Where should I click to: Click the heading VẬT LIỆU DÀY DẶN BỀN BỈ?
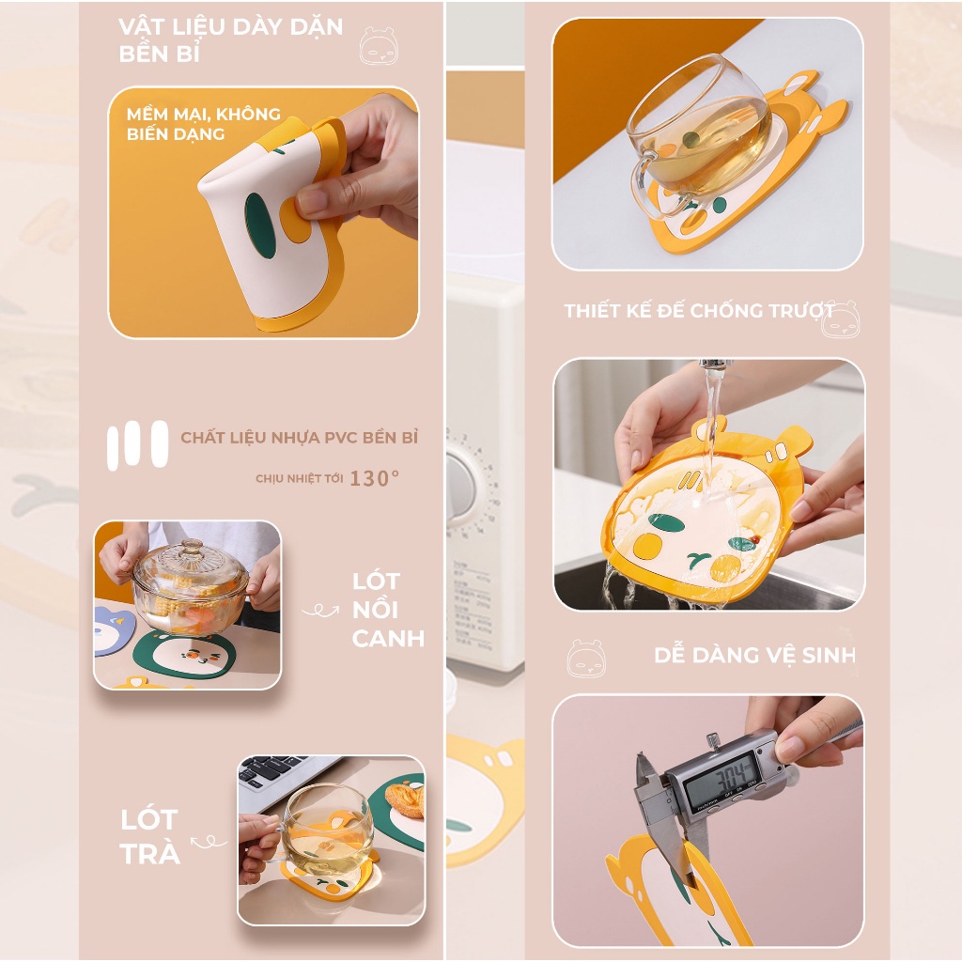[230, 39]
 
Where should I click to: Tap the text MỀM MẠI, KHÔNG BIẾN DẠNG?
[203, 124]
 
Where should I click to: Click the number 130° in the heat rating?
[374, 478]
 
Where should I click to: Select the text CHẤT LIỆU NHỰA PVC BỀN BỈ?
[299, 438]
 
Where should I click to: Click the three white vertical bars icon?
[137, 444]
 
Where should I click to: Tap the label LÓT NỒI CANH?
[387, 610]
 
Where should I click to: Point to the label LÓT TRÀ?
[149, 836]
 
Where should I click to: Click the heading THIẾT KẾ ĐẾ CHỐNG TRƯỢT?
[700, 311]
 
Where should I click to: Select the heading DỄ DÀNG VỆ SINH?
[754, 655]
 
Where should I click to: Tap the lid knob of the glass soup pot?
[192, 546]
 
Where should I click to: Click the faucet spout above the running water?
[714, 364]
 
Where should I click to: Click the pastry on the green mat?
[405, 800]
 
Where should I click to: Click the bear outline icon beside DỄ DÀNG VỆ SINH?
[586, 659]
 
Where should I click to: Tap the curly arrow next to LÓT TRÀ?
[209, 842]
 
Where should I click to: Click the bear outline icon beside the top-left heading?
[378, 45]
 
